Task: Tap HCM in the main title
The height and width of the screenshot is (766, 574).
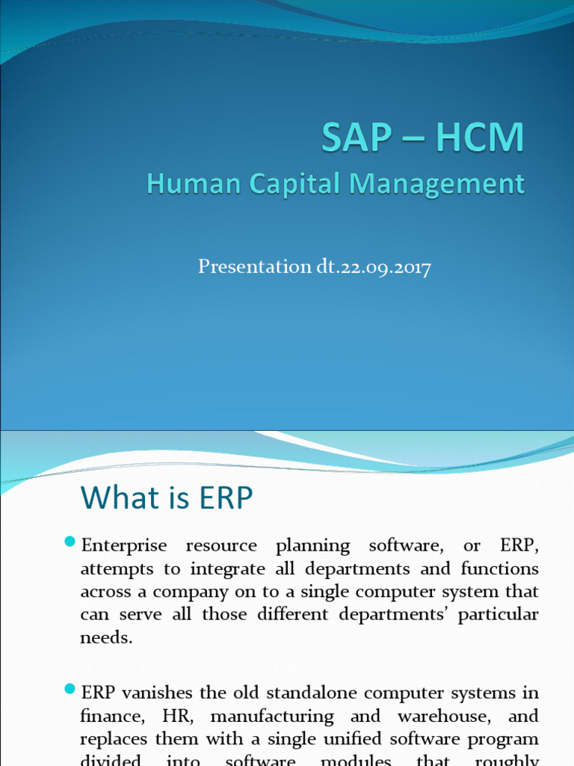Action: (x=479, y=140)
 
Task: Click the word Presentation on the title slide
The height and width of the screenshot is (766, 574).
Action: (x=250, y=267)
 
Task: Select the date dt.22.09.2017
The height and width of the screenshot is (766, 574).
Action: (x=368, y=267)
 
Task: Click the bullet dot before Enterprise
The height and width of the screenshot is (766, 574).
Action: (x=71, y=542)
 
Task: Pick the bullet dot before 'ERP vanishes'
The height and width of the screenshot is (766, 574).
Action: (x=71, y=688)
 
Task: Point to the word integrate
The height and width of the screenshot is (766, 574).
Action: (x=223, y=569)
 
